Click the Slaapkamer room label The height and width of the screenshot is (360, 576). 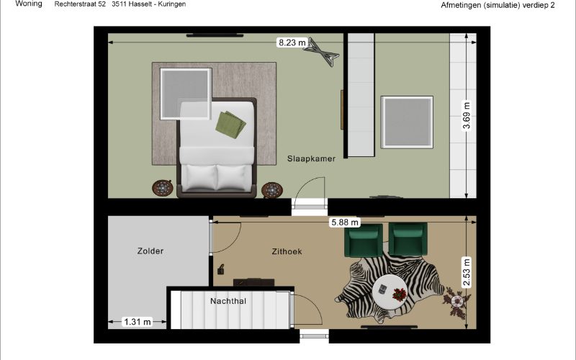[x=311, y=158]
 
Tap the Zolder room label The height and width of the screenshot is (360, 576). [x=150, y=251]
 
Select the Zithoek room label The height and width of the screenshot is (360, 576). [x=287, y=251]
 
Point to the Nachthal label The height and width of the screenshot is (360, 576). [x=228, y=301]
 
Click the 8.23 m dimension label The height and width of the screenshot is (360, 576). [x=292, y=42]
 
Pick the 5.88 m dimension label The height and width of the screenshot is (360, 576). [x=345, y=222]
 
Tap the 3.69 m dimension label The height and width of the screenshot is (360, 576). [x=467, y=116]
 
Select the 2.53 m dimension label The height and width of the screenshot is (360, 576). [x=467, y=272]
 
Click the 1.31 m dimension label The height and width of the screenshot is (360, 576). [x=138, y=322]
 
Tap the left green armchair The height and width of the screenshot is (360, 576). [x=364, y=240]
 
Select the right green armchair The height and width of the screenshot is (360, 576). [x=408, y=239]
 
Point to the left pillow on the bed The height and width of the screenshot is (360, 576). [x=199, y=178]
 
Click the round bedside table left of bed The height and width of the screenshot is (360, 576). [x=163, y=189]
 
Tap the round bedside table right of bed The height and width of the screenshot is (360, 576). [x=272, y=190]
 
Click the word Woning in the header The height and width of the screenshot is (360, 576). [x=29, y=4]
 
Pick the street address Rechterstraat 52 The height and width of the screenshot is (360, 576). [x=80, y=4]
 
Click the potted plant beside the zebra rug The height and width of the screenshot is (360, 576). [x=456, y=301]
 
